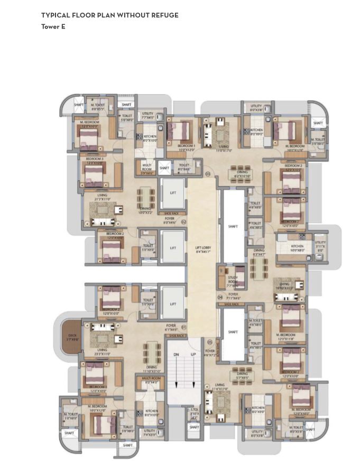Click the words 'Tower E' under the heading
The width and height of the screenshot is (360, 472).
[x=53, y=26]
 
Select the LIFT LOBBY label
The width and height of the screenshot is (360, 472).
[x=202, y=249]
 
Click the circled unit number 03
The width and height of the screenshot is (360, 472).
[x=208, y=174]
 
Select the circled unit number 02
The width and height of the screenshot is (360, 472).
[x=184, y=222]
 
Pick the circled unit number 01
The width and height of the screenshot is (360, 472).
[x=184, y=327]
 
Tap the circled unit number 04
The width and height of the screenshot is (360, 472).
[x=220, y=298]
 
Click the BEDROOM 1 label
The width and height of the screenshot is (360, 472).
[x=186, y=147]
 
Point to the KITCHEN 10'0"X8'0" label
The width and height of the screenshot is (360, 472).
[x=297, y=248]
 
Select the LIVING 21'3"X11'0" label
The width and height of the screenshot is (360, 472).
[x=102, y=197]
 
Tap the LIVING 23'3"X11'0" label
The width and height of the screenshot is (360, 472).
[x=102, y=351]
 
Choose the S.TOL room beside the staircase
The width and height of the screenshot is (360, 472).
[x=194, y=412]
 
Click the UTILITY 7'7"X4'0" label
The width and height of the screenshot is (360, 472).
[x=147, y=115]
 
